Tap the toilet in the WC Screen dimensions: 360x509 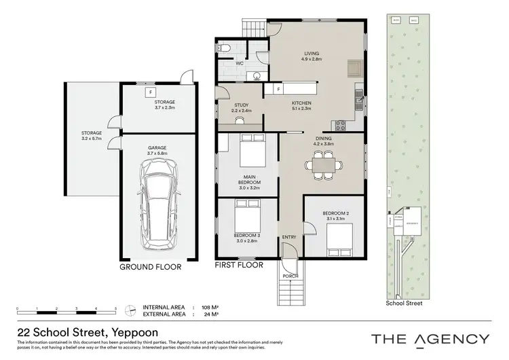(x=226, y=48)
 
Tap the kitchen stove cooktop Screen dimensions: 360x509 (x=339, y=125)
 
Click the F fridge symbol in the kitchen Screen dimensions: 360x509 (x=278, y=89)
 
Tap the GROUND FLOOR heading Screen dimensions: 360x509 (x=150, y=267)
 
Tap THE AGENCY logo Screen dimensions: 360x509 (x=430, y=338)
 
